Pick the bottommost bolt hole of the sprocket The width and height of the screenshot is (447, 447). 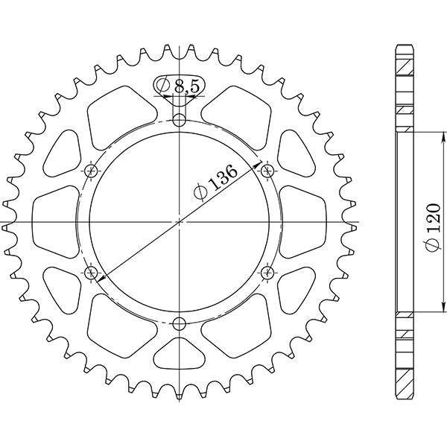[179, 323]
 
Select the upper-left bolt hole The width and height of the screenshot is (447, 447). [92, 172]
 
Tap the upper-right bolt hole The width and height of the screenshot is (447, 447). [267, 172]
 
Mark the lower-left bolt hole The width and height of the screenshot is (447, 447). [92, 273]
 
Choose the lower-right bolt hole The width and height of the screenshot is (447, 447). [267, 273]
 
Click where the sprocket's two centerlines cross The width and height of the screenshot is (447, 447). [179, 222]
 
